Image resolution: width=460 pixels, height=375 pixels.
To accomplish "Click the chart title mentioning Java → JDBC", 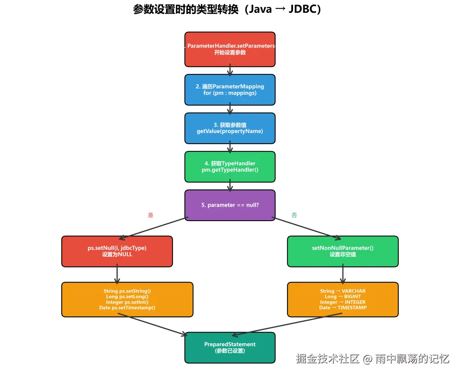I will point(227,9).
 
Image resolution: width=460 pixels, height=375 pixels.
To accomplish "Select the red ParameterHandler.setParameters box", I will point(230,49).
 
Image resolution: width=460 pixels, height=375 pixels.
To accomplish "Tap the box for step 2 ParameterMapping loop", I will point(230,90).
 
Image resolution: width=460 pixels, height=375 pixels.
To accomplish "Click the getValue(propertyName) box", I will point(230,128).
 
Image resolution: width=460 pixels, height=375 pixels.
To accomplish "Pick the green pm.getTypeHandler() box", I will point(230,167).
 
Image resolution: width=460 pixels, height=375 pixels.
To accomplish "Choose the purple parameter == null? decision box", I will point(230,205).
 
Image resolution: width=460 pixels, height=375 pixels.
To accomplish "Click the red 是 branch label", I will point(150,215).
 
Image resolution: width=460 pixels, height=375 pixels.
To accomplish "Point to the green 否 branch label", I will point(294,215).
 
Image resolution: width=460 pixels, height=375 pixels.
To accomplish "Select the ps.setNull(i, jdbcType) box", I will point(117,251).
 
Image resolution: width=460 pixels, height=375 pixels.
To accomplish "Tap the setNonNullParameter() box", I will point(343,251).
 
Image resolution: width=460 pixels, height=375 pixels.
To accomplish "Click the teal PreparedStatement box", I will point(230,347).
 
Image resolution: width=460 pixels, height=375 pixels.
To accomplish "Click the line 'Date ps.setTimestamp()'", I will point(127,307).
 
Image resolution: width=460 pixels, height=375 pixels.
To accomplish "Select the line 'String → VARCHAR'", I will point(343,291).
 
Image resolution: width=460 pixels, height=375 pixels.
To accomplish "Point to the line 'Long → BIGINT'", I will point(343,296).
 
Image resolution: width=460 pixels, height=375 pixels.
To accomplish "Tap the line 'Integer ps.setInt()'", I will point(127,302).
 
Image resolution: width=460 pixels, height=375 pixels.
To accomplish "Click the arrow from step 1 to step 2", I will point(230,71).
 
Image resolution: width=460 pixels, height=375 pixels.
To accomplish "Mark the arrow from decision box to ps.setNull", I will point(153,228).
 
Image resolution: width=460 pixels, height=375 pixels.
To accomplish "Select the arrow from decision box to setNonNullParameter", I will point(307,228).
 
